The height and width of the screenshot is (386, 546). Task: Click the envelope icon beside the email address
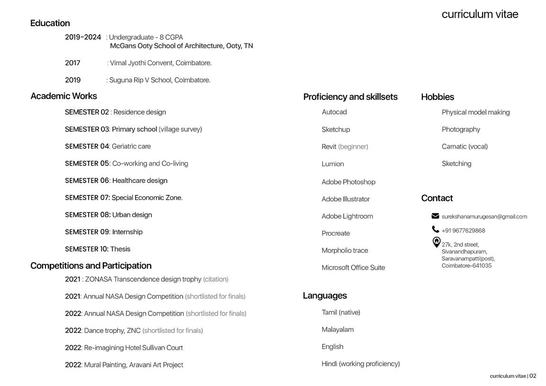pyautogui.click(x=435, y=216)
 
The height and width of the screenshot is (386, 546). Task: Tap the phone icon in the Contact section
pyautogui.click(x=435, y=229)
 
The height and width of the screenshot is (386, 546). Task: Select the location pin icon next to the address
pyautogui.click(x=436, y=242)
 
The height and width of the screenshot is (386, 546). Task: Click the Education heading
pyautogui.click(x=50, y=23)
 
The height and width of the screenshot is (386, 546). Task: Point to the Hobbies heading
pyautogui.click(x=438, y=97)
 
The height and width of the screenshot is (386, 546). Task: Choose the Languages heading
pyautogui.click(x=325, y=296)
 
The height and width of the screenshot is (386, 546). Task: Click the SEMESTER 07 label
pyautogui.click(x=87, y=198)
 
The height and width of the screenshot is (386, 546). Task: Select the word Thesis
pyautogui.click(x=120, y=249)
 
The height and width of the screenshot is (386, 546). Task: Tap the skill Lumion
pyautogui.click(x=333, y=164)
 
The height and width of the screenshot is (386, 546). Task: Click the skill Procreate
pyautogui.click(x=336, y=234)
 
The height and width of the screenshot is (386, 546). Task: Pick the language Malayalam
pyautogui.click(x=338, y=330)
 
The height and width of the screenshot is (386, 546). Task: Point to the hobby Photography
pyautogui.click(x=461, y=130)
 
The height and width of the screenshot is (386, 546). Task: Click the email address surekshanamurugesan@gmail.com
pyautogui.click(x=484, y=217)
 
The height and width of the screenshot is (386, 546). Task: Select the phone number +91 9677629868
pyautogui.click(x=463, y=231)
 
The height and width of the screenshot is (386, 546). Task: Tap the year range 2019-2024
pyautogui.click(x=83, y=37)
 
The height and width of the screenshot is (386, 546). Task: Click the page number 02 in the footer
pyautogui.click(x=533, y=376)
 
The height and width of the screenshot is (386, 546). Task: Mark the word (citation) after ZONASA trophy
pyautogui.click(x=216, y=280)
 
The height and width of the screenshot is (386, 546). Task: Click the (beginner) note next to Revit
pyautogui.click(x=353, y=147)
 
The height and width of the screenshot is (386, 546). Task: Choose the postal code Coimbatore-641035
pyautogui.click(x=466, y=266)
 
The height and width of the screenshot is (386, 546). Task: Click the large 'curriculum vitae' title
pyautogui.click(x=480, y=14)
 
